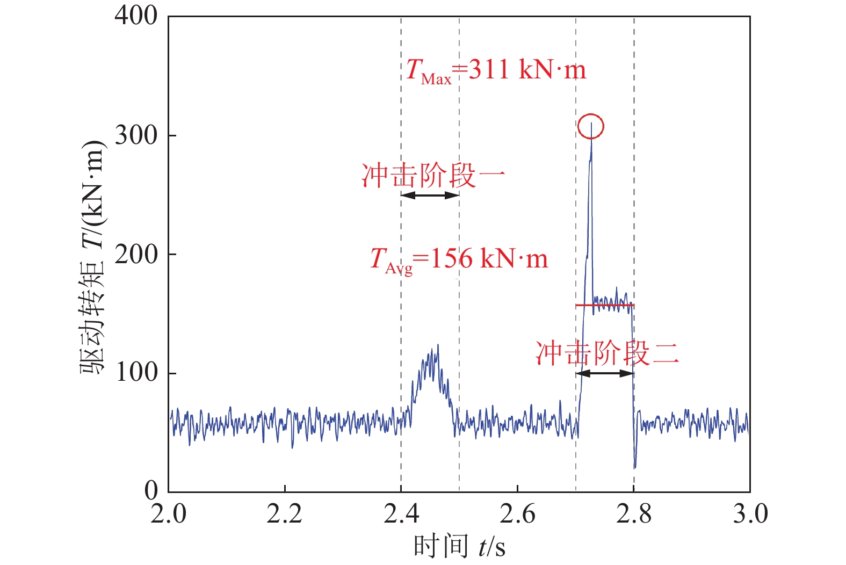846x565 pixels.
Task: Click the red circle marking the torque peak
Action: click(591, 127)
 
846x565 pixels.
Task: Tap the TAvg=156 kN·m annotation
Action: click(459, 260)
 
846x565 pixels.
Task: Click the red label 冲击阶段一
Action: click(433, 176)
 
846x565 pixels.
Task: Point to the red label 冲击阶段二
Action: click(607, 354)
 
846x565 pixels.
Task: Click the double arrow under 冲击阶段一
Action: click(430, 195)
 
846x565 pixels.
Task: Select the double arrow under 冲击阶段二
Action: click(605, 373)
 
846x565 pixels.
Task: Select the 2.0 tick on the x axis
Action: click(168, 514)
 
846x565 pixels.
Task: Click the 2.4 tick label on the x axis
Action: click(401, 514)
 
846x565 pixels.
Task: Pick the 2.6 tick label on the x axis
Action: click(517, 514)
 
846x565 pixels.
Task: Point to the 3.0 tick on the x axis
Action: click(750, 514)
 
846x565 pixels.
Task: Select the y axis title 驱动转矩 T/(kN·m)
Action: click(91, 258)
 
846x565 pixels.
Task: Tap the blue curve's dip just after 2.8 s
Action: click(635, 466)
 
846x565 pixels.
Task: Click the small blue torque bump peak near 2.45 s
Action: click(438, 345)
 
